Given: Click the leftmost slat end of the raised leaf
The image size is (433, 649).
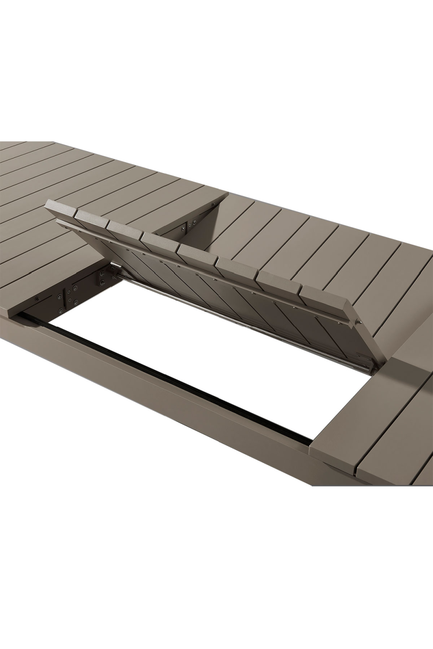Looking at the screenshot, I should click(x=61, y=207).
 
